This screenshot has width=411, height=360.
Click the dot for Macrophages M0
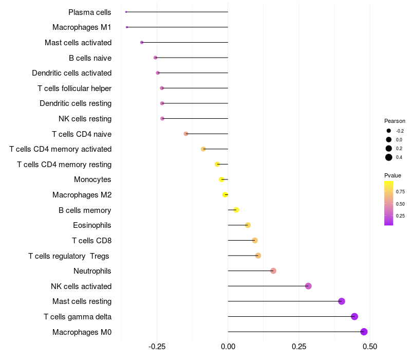364,332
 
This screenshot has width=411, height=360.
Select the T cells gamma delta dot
354,317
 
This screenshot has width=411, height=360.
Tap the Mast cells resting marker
342,301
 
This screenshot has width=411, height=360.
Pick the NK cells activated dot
308,286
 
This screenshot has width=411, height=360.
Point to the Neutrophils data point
273,271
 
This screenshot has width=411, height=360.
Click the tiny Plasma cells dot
126,12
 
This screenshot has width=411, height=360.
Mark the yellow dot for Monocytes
221,179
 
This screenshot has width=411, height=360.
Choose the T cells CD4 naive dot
186,134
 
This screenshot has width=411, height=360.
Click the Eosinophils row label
92,225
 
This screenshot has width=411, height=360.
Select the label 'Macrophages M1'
82,27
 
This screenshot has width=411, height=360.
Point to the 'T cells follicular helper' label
74,88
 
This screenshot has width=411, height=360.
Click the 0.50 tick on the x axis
369,347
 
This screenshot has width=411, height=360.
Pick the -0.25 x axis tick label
157,347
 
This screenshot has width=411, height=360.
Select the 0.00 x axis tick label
228,347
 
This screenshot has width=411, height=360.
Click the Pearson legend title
395,121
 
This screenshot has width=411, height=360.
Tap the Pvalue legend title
393,175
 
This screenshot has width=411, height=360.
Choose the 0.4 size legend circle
389,157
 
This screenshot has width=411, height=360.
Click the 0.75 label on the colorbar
400,191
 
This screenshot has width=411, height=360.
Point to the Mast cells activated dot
142,42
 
